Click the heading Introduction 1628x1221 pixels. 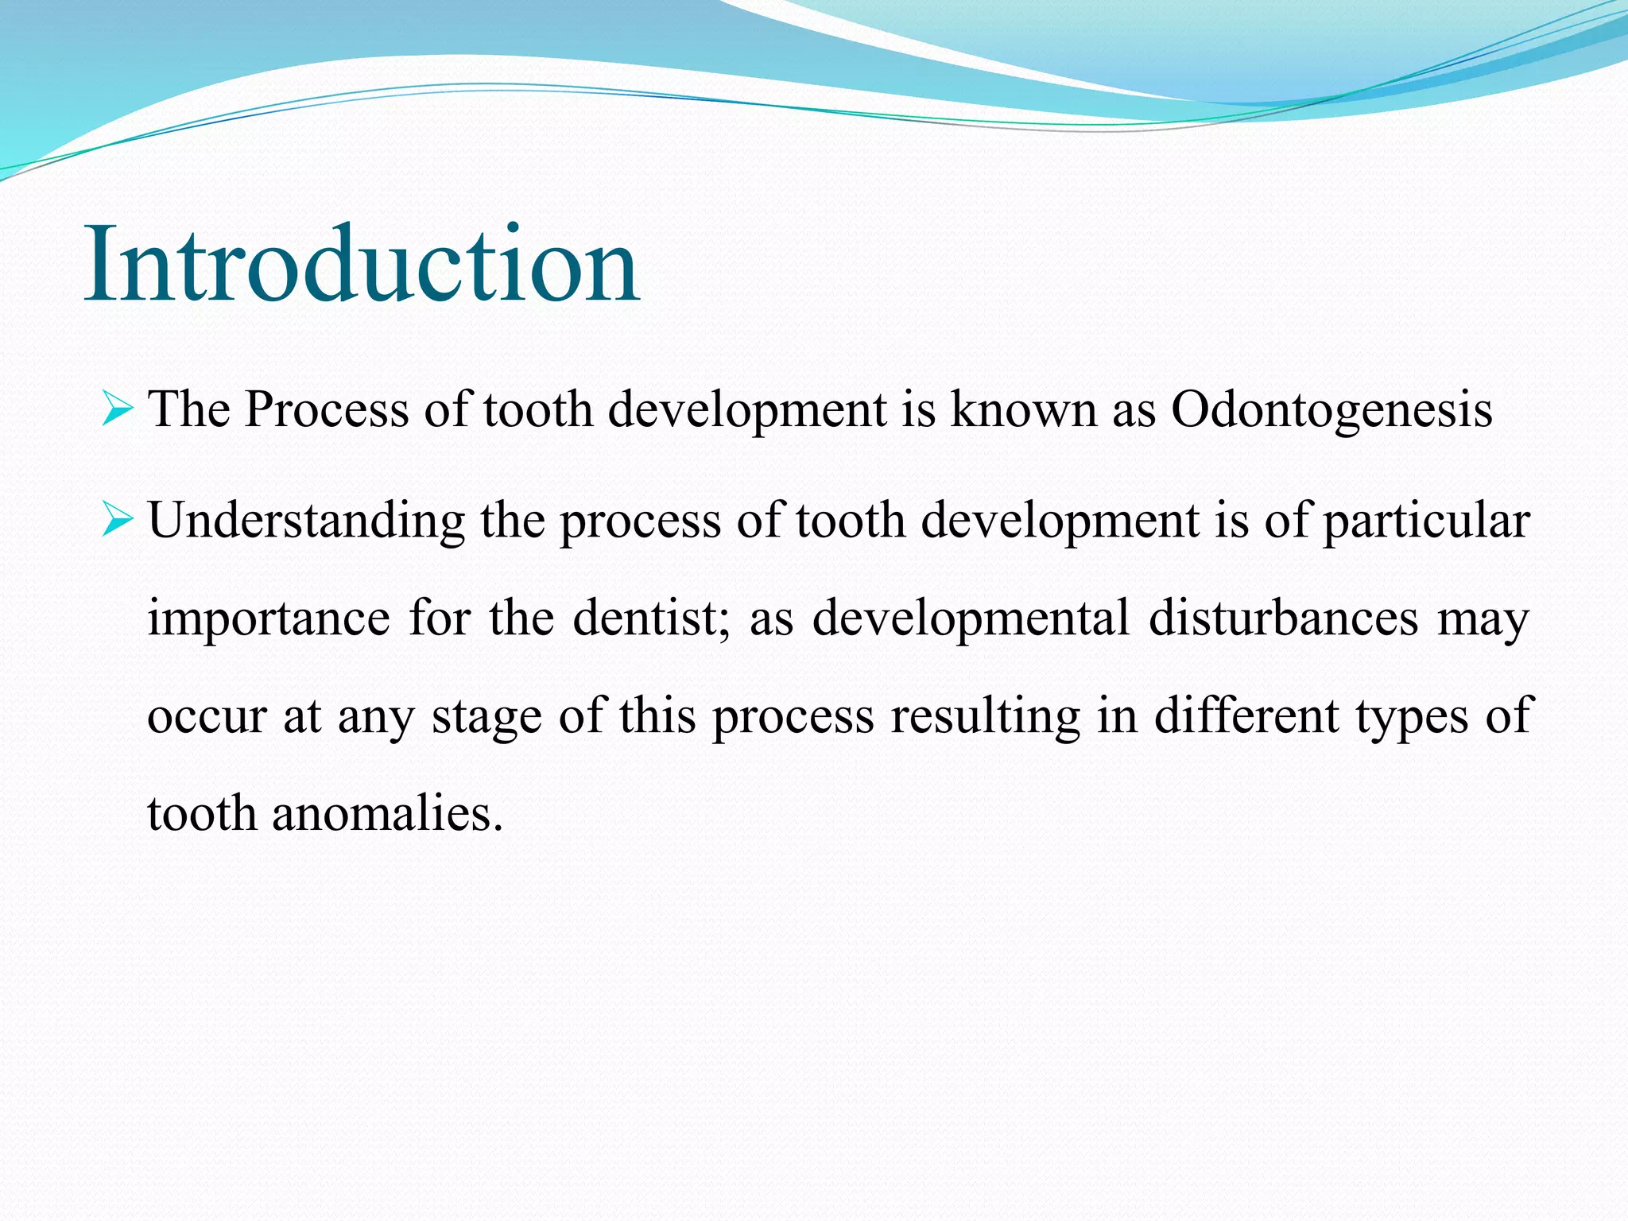tap(362, 264)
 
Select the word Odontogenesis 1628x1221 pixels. tap(1331, 411)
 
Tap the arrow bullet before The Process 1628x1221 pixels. tap(117, 410)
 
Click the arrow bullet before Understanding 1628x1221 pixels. tap(117, 521)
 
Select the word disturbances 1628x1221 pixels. tap(1283, 618)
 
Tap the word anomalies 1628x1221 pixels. tap(387, 814)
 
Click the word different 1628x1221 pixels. tap(1246, 715)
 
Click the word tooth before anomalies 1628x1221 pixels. tap(202, 814)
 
